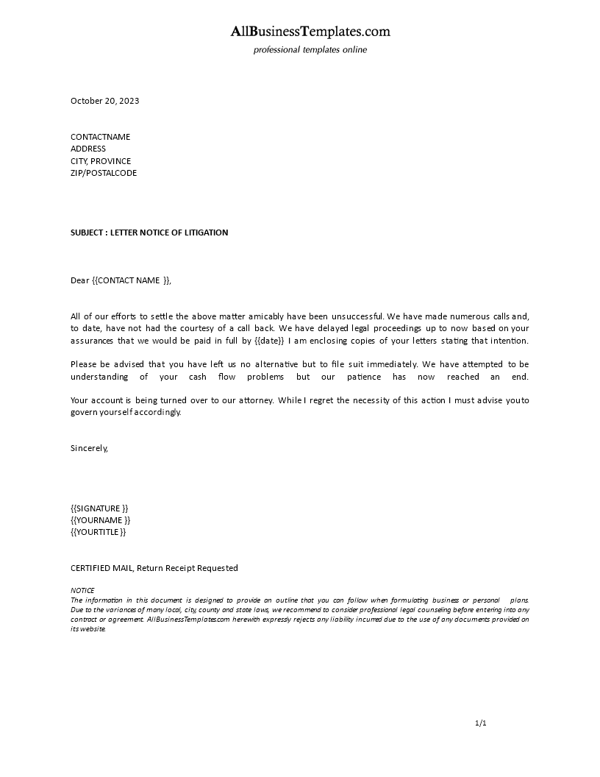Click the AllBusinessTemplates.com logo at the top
pos(310,32)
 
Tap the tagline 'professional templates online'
pos(310,50)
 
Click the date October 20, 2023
pos(104,101)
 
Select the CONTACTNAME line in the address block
pos(100,137)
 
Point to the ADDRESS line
pos(88,149)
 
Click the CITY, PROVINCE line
pos(101,161)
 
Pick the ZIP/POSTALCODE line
pos(104,173)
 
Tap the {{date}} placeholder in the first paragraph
pos(269,341)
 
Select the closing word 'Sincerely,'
pos(89,447)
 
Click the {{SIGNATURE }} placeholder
pos(99,508)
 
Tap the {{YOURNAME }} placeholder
pos(101,520)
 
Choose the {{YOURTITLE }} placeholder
pos(99,532)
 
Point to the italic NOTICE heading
pos(82,590)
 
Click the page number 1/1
pos(481,723)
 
